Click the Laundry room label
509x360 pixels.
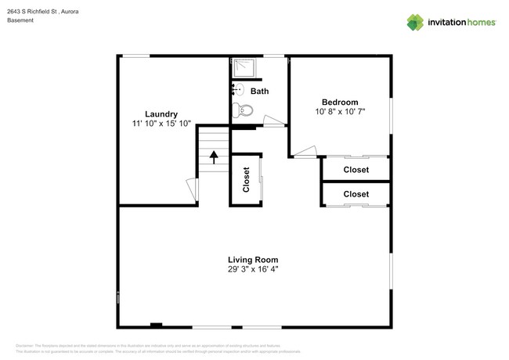tap(161, 113)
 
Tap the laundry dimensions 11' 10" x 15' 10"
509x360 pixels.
tap(161, 124)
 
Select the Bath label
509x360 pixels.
tap(260, 92)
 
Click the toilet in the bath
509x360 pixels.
tap(244, 110)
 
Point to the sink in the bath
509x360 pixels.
tap(238, 90)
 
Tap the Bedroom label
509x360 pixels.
tap(340, 103)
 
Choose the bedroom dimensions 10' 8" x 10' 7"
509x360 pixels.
tap(340, 113)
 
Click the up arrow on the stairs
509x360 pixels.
tap(213, 159)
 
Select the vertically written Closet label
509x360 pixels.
tap(246, 180)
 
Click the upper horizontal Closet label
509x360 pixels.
tap(356, 169)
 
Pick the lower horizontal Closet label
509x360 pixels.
tap(356, 193)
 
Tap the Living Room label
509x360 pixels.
tap(253, 260)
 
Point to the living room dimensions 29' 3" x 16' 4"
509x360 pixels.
tap(253, 270)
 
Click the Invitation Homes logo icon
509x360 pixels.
tap(414, 22)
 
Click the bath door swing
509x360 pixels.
tap(273, 121)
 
